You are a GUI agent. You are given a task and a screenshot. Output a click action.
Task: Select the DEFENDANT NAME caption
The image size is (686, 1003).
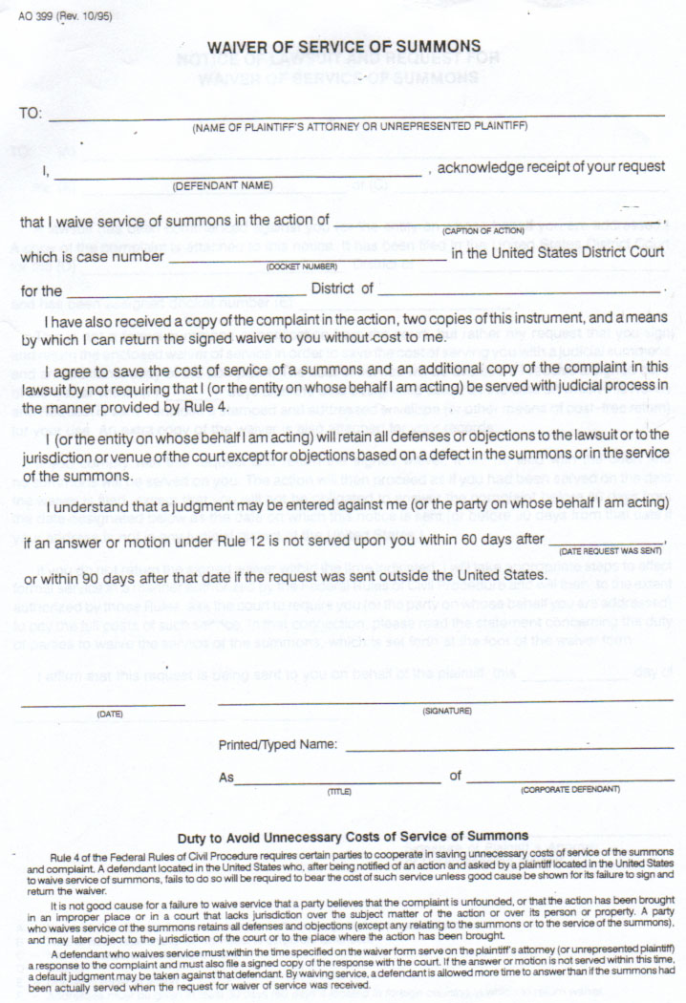point(223,185)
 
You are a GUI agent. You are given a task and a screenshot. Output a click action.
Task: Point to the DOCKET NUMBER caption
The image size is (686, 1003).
point(302,267)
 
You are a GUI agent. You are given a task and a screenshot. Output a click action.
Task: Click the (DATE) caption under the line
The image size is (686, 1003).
point(110,714)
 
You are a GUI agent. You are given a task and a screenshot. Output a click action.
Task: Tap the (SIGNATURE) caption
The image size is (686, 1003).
point(447,712)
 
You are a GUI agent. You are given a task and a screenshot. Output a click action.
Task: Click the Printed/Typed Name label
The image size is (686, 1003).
point(277,744)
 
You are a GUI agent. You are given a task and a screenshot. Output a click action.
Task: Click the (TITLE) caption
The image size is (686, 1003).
point(339,791)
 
